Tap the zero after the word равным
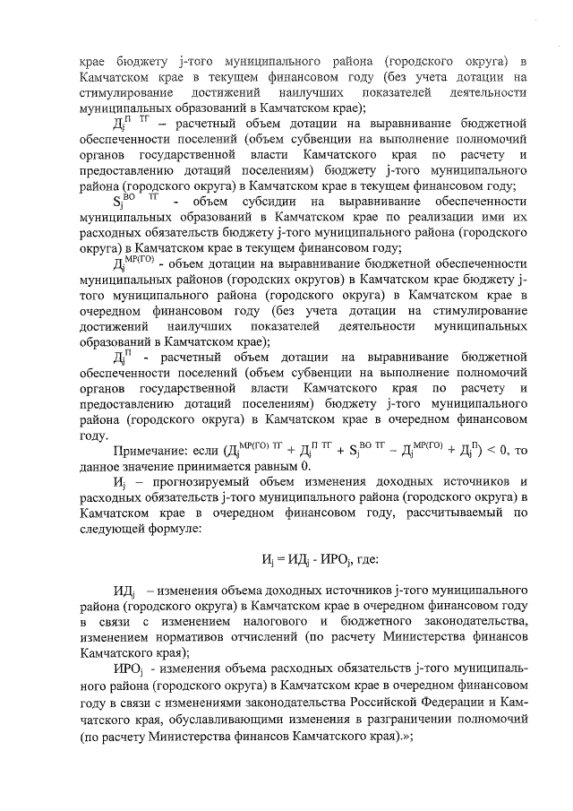click(x=305, y=467)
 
